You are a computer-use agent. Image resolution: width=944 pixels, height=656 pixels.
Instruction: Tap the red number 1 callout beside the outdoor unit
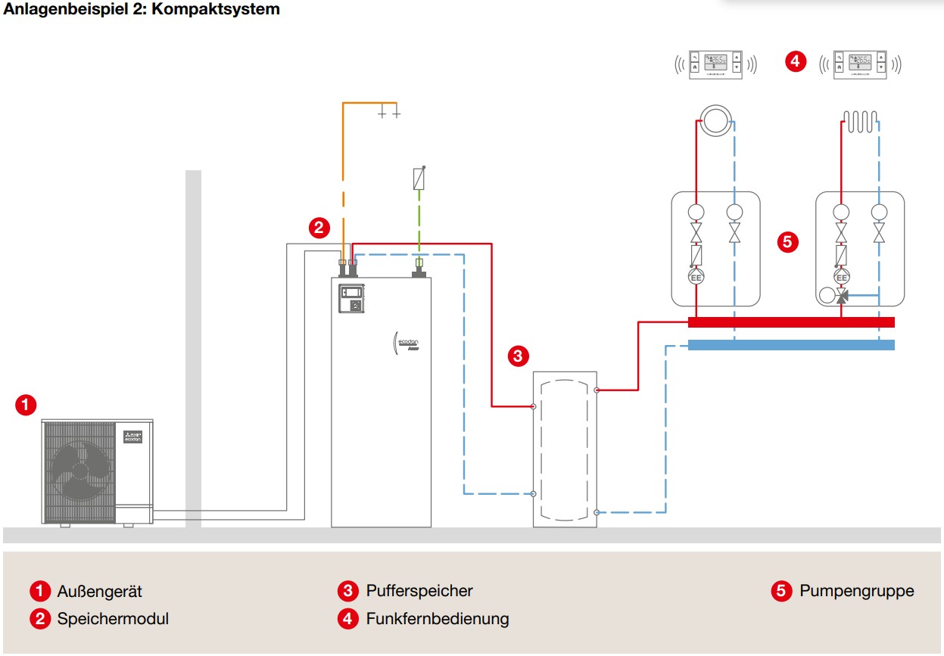pyautogui.click(x=26, y=405)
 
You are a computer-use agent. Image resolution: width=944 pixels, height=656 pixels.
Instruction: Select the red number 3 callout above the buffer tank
pyautogui.click(x=517, y=356)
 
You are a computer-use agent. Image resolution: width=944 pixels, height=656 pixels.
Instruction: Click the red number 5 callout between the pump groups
pyautogui.click(x=787, y=242)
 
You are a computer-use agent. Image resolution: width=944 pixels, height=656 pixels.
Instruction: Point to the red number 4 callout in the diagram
pyautogui.click(x=795, y=61)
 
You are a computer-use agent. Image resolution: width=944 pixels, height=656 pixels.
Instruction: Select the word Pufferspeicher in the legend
pyautogui.click(x=419, y=591)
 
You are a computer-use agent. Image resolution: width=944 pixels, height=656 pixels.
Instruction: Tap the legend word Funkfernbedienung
pyautogui.click(x=438, y=619)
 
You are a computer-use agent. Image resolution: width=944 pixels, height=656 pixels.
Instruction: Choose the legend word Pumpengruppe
pyautogui.click(x=856, y=591)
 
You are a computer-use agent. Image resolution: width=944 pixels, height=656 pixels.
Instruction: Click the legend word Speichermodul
pyautogui.click(x=113, y=619)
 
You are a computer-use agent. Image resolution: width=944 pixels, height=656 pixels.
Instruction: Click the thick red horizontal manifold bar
pyautogui.click(x=791, y=322)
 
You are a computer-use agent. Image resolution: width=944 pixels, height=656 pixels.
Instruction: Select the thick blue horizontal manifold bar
pyautogui.click(x=791, y=345)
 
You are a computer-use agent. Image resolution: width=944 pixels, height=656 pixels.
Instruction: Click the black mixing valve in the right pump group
pyautogui.click(x=842, y=297)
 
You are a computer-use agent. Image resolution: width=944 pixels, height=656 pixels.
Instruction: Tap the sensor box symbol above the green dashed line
pyautogui.click(x=419, y=179)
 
